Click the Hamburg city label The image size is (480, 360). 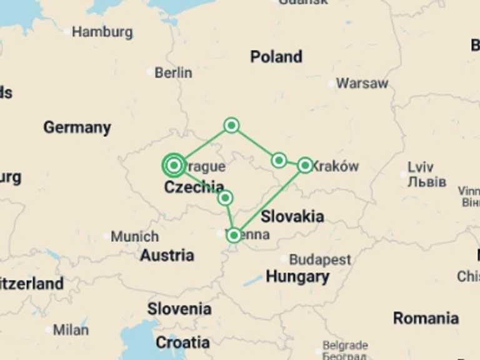102,32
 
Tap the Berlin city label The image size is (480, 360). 173,72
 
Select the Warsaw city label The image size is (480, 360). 362,83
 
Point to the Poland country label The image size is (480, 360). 276,57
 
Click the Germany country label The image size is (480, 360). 77,127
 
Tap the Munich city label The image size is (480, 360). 134,237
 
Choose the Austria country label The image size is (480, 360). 167,255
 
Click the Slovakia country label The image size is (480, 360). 292,217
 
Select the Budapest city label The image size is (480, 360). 319,259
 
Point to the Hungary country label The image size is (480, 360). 297,276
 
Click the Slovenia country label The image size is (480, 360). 179,309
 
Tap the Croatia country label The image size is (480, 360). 182,342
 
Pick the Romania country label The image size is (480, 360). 426,318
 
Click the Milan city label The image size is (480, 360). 71,329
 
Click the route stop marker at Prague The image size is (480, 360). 174,165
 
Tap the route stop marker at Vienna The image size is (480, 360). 234,235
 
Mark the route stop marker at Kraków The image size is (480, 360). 305,165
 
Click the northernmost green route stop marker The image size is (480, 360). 231,126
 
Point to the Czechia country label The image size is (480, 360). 194,187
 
